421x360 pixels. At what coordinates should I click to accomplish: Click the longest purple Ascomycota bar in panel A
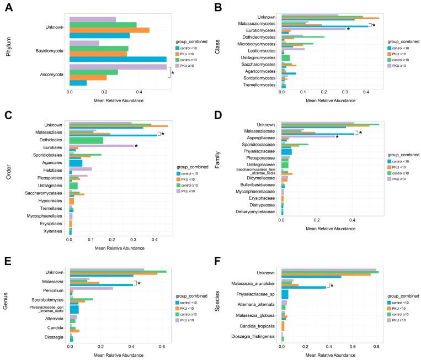click(x=118, y=67)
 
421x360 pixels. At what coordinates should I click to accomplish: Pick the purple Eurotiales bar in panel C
click(x=102, y=146)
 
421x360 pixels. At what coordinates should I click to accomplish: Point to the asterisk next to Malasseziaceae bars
click(x=360, y=133)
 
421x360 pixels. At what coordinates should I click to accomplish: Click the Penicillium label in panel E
click(x=51, y=288)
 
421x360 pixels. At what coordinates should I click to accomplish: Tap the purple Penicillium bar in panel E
click(x=92, y=288)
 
